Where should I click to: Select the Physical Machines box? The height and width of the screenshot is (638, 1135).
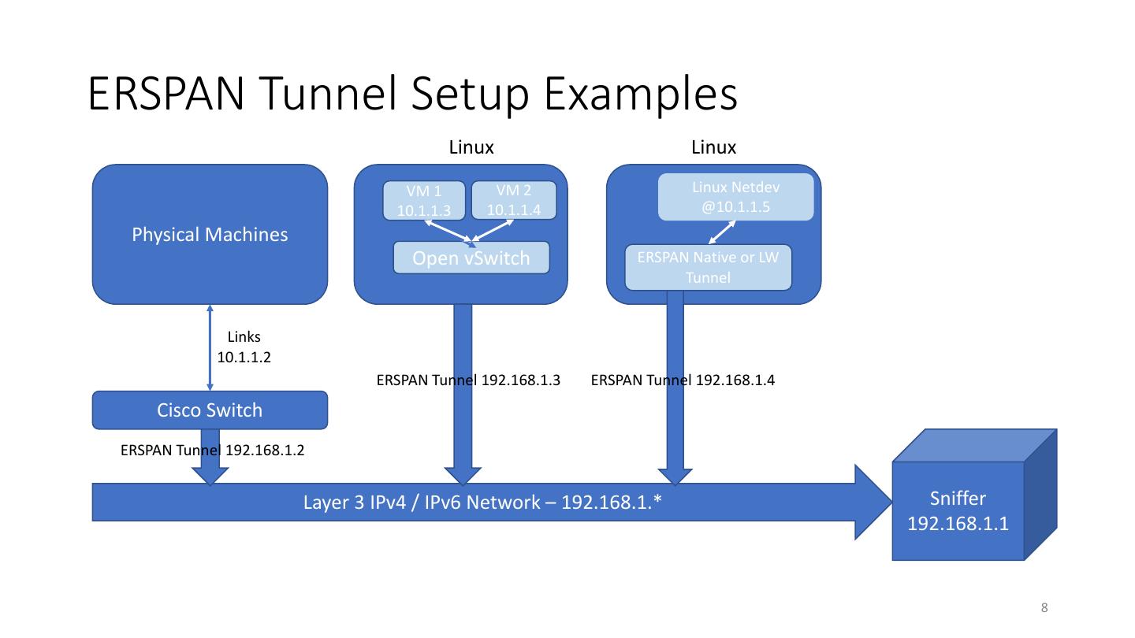pos(210,234)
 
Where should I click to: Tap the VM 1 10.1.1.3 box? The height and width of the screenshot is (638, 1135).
pos(423,201)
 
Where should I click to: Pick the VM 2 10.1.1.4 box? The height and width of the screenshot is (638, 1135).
pos(513,200)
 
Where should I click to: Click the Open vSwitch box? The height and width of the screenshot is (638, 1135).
pos(471,258)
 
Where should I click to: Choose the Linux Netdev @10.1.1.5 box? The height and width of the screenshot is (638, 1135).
pos(735,197)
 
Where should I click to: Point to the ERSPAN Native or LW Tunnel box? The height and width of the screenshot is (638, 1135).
pos(708,268)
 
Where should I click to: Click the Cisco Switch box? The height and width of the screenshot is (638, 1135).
pos(210,410)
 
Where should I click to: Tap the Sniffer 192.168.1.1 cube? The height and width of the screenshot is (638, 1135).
pos(958,510)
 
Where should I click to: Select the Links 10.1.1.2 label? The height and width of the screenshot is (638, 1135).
pos(244,347)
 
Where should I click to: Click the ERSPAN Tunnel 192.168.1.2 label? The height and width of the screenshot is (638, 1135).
pos(212,451)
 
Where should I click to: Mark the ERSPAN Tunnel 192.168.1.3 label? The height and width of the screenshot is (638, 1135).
pos(468,380)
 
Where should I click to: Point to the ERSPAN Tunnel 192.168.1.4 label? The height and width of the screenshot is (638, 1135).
pos(683,380)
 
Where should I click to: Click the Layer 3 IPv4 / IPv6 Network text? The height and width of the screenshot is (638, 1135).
pos(482,503)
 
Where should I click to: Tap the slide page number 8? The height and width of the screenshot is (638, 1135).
pos(1044,607)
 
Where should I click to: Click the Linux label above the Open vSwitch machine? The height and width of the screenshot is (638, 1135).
pos(471,147)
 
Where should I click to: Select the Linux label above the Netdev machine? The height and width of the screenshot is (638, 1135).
pos(713,147)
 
